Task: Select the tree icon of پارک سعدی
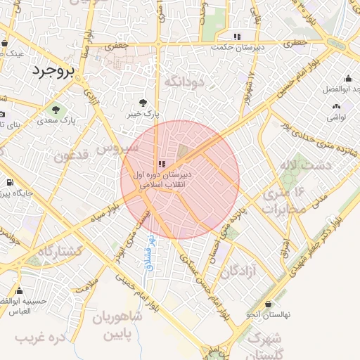tap(56, 109)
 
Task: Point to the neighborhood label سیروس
tap(113, 149)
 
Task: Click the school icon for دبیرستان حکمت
tap(238, 36)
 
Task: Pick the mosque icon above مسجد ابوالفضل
tap(349, 79)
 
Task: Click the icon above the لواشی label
tap(335, 106)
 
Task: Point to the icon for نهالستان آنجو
tap(250, 314)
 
